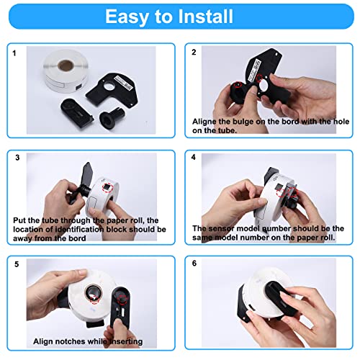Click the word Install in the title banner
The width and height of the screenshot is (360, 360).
click(205, 17)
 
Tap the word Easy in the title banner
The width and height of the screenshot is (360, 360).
click(126, 17)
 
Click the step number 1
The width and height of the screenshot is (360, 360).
click(14, 53)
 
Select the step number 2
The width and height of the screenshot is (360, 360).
click(194, 53)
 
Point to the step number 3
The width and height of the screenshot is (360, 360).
click(17, 158)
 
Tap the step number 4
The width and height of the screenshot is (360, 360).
click(194, 157)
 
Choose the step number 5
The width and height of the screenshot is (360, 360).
click(17, 264)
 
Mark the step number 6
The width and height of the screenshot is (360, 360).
click(194, 264)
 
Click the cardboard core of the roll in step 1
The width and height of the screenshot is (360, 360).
click(66, 65)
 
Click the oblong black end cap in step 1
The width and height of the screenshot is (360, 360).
click(76, 113)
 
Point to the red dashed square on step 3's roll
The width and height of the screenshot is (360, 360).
click(107, 187)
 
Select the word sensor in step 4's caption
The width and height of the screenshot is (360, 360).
click(221, 228)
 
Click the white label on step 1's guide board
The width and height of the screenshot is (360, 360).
click(124, 83)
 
